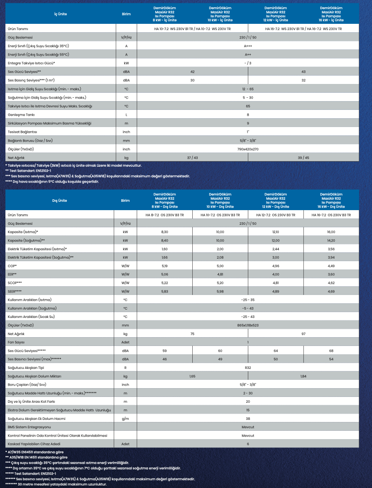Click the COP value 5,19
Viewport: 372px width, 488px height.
coord(164,265)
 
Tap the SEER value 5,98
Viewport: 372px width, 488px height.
coord(220,291)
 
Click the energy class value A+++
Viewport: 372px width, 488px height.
coord(248,46)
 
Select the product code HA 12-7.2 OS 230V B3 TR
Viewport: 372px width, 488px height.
coord(275,215)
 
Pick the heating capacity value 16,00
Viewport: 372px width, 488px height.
coord(331,231)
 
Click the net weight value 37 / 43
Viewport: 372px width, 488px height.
coord(192,158)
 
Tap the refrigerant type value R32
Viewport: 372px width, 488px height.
coord(248,368)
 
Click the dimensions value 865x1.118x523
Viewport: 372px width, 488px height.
coord(248,325)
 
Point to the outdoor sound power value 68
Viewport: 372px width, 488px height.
coord(331,351)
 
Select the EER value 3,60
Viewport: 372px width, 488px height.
coord(331,274)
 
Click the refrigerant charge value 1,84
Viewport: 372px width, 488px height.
coord(303,376)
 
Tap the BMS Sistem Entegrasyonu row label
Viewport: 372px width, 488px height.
coord(29,427)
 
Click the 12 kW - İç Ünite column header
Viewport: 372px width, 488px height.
coord(275,14)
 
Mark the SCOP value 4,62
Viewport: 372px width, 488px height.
coord(331,282)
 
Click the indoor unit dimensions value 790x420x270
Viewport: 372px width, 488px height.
coord(248,149)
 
